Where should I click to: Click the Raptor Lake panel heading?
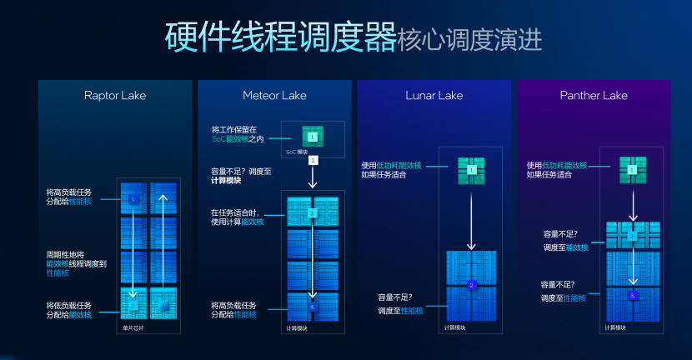115,95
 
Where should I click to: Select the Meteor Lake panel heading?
274,95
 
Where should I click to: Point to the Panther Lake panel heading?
594,95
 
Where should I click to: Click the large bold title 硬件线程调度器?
279,37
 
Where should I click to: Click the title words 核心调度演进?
470,38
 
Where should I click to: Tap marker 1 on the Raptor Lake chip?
133,200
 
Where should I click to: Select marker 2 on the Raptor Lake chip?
133,305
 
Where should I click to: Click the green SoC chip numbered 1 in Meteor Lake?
312,136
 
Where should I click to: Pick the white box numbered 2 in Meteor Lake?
313,159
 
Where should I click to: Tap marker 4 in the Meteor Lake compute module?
313,307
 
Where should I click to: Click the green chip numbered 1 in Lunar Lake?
471,169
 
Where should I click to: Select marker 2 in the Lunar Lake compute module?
471,286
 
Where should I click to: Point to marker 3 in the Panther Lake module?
632,295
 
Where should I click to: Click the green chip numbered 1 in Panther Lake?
632,169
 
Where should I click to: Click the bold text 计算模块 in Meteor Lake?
233,181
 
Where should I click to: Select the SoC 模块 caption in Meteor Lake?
298,152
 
